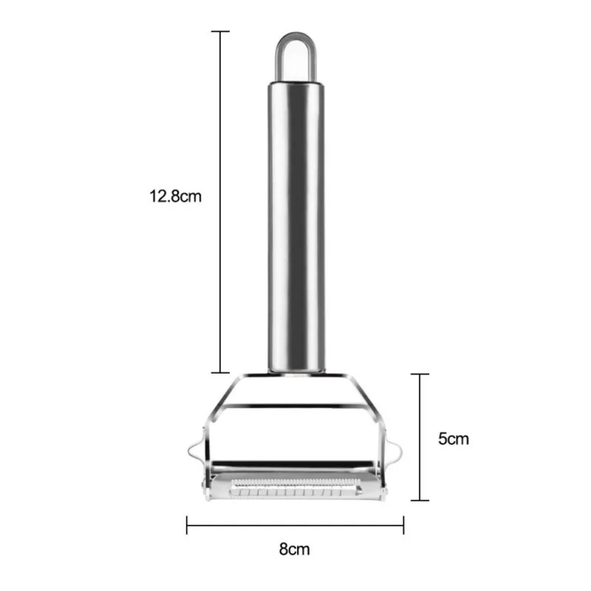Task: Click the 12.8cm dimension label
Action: (174, 197)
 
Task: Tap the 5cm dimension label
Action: (454, 439)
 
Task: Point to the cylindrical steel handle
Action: (295, 222)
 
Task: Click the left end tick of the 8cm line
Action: (187, 526)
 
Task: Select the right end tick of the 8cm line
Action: (403, 526)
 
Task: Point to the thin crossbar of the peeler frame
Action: (295, 405)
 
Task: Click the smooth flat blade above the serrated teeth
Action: (295, 471)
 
